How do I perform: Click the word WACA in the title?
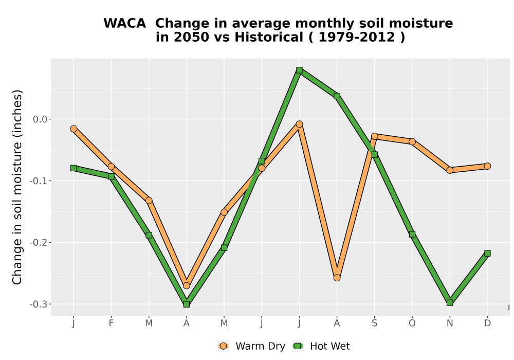[x=124, y=24]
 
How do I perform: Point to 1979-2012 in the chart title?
[x=357, y=38]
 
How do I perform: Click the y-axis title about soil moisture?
[x=17, y=187]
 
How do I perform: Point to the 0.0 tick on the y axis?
[x=40, y=119]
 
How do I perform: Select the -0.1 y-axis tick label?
[x=39, y=181]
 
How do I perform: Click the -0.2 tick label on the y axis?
[x=39, y=243]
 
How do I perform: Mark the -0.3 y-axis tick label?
[x=39, y=304]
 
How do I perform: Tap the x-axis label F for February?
[x=111, y=323]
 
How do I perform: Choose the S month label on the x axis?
[x=374, y=323]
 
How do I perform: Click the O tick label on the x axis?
[x=412, y=323]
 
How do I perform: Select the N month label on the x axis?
[x=450, y=323]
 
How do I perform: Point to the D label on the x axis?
[x=487, y=323]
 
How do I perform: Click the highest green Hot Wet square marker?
[x=299, y=70]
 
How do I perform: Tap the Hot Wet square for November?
[x=450, y=302]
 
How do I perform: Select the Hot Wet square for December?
[x=487, y=253]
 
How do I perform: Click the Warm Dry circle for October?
[x=412, y=141]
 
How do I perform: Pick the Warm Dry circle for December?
[x=487, y=166]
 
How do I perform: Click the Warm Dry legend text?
[x=260, y=346]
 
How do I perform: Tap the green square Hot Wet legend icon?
[x=298, y=346]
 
